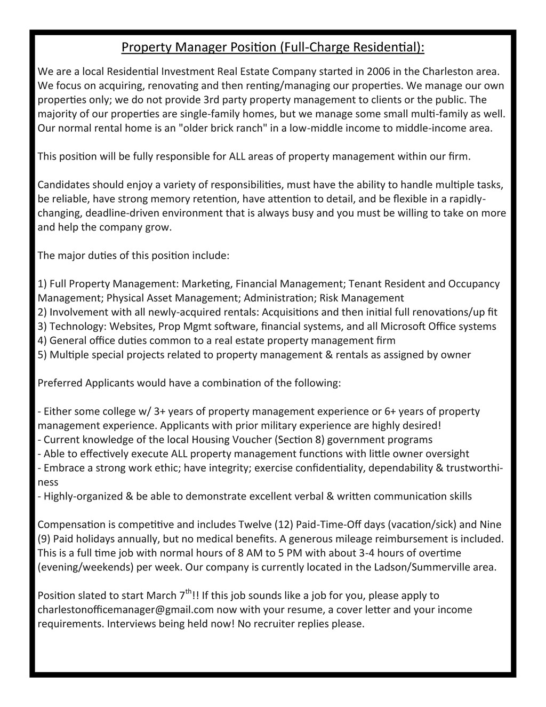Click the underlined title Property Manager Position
pos(272,47)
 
